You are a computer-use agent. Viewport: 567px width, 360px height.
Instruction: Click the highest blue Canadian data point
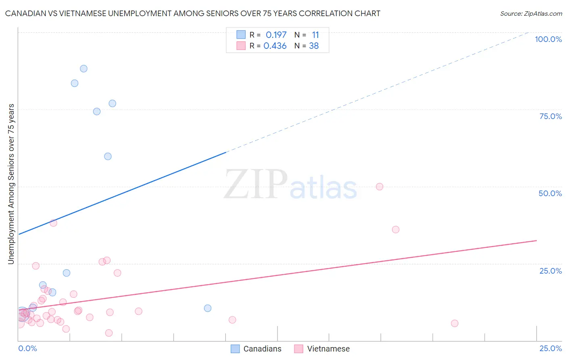click(83, 69)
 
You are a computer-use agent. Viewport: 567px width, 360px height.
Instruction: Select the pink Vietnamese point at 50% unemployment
click(379, 186)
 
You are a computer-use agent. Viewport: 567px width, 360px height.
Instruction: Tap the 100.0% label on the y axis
click(548, 39)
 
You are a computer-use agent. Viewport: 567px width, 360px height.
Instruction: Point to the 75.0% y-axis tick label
click(550, 116)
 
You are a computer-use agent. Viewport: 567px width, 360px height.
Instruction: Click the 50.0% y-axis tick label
click(550, 193)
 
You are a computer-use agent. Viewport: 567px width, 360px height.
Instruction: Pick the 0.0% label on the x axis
click(27, 348)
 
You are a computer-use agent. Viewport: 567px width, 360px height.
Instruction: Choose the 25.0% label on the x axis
click(550, 348)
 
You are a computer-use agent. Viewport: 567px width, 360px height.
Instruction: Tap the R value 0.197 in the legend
click(276, 35)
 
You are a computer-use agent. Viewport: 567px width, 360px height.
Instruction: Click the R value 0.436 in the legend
click(275, 46)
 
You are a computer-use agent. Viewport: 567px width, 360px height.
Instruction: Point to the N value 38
click(314, 46)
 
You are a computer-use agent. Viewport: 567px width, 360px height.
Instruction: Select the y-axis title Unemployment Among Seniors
click(11, 184)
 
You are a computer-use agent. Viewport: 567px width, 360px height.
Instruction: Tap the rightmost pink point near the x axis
click(454, 323)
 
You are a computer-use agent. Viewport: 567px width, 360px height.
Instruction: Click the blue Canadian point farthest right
click(208, 308)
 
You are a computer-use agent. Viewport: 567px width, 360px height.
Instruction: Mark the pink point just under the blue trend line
click(53, 223)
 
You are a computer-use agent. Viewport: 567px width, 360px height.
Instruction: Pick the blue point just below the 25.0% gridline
click(67, 273)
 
